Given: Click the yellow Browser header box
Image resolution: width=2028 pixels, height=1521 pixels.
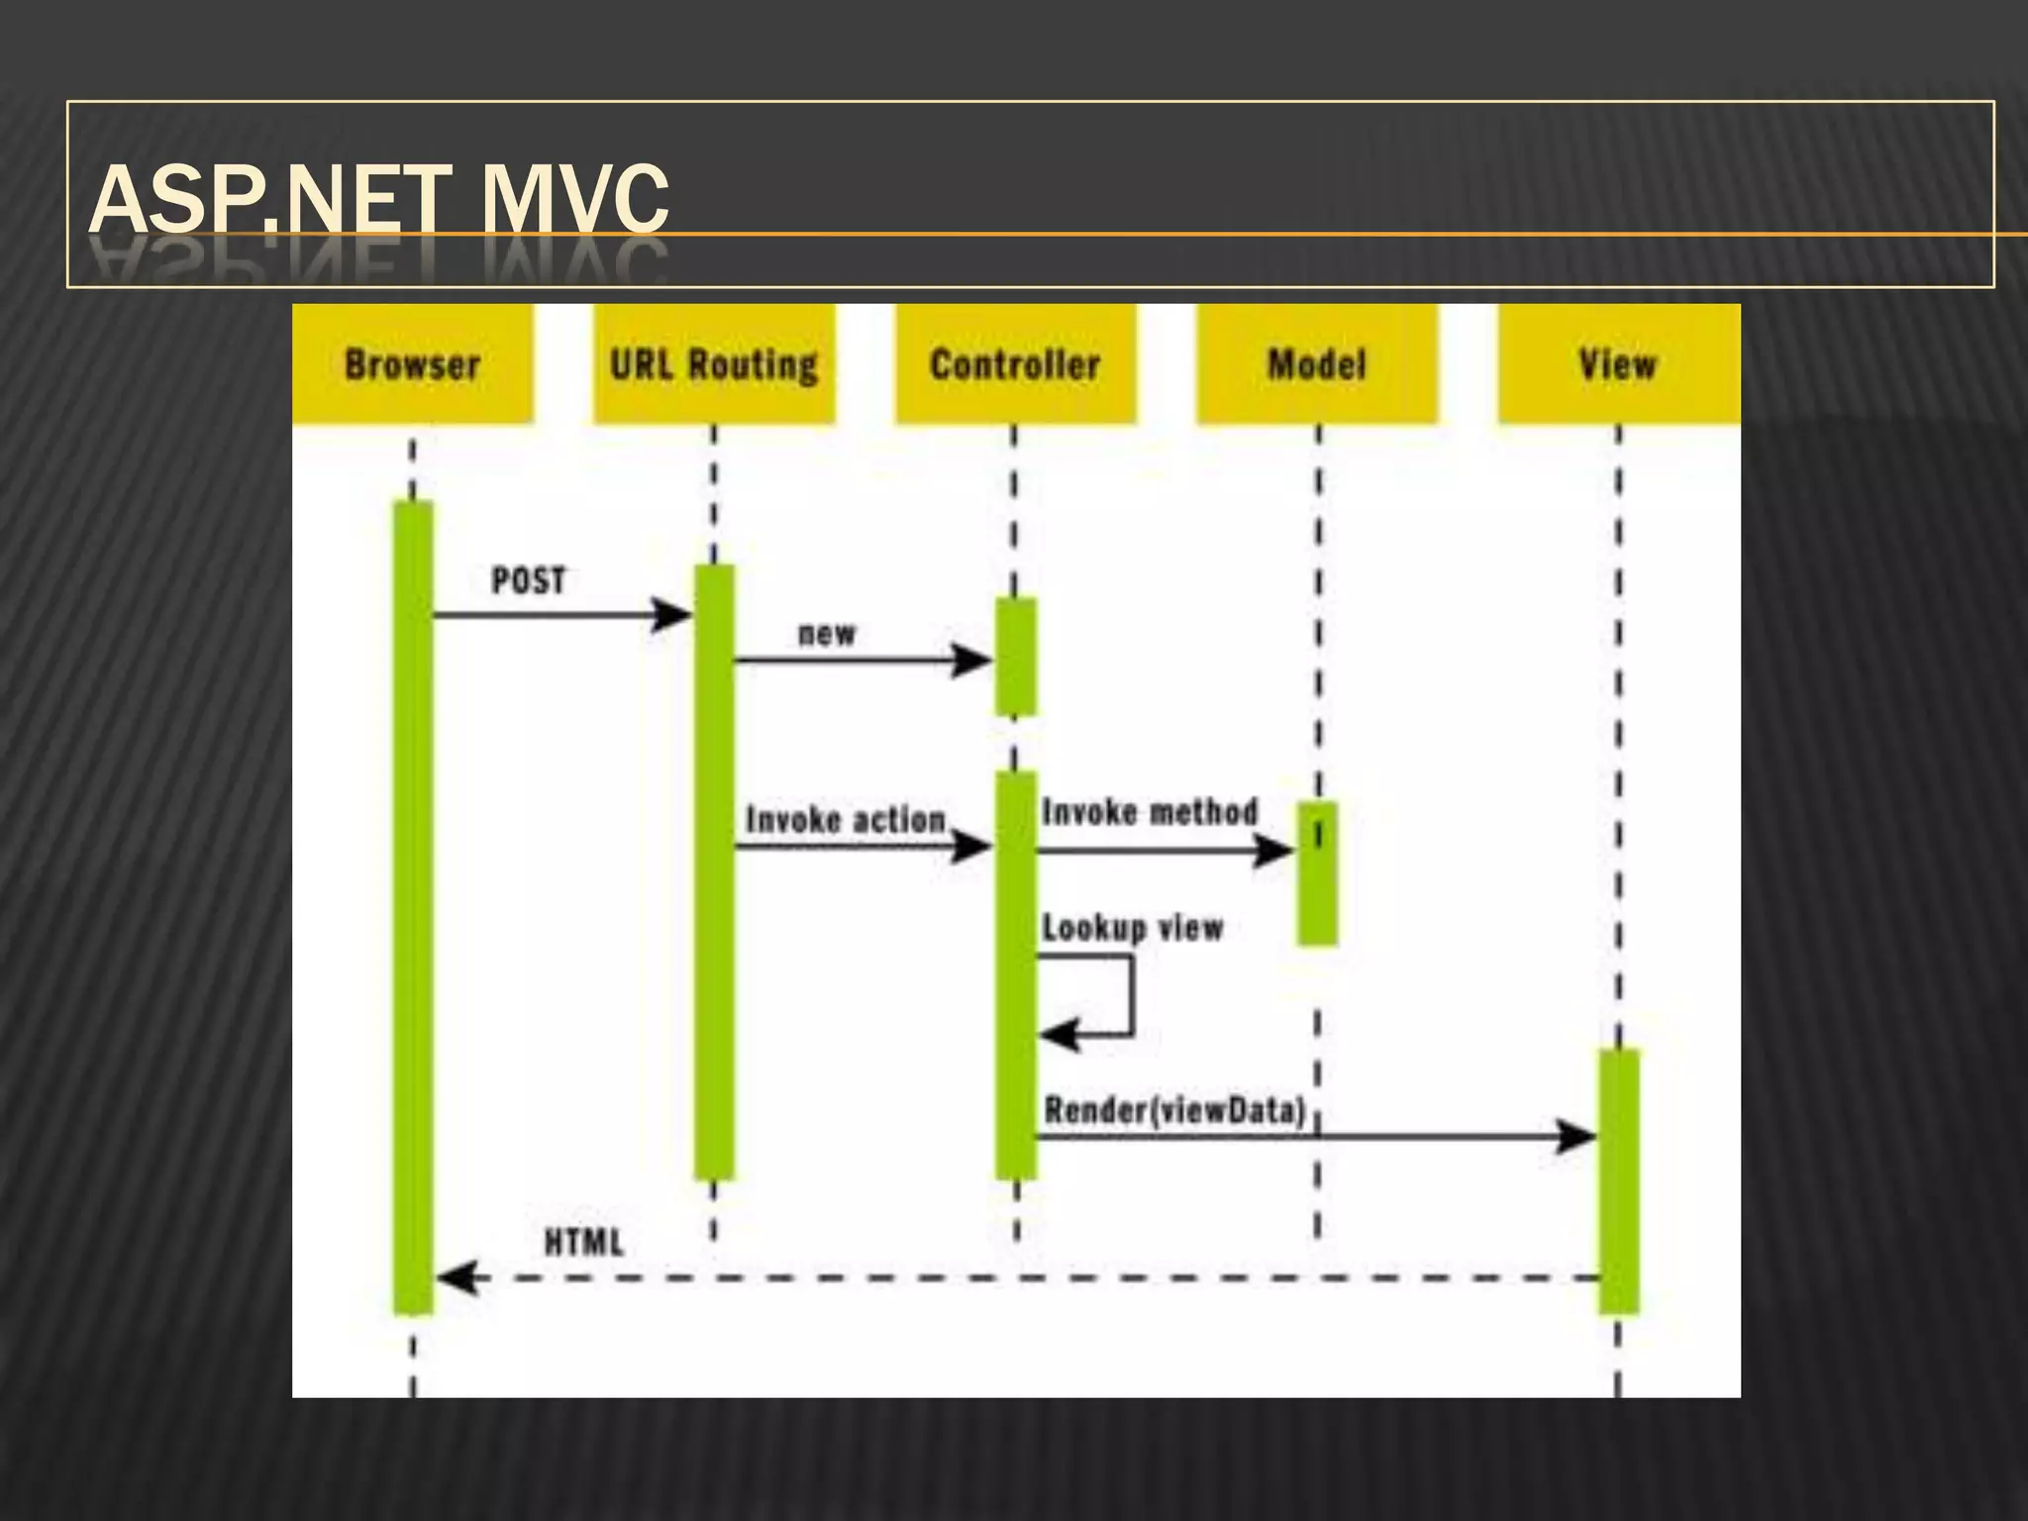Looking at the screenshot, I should coord(413,363).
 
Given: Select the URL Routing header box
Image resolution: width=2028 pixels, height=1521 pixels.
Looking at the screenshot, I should coord(714,363).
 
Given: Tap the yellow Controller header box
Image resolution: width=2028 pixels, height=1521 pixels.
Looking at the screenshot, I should coord(1016,363).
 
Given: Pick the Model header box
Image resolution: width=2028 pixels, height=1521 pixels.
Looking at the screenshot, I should coord(1317,363).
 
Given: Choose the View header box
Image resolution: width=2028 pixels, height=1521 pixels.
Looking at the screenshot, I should coord(1618,363).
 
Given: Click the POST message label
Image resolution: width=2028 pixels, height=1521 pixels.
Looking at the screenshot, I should coord(529,580).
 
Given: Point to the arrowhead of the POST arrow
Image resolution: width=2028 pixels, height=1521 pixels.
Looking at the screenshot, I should coord(673,615).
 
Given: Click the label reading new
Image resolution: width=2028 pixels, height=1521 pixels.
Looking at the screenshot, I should coord(827,633).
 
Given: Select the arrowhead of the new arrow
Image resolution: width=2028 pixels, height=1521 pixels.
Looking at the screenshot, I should coord(973,659).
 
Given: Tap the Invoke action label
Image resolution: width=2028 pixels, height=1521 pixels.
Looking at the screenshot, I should coord(846,820).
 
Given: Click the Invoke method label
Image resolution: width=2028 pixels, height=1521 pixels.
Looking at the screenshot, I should coord(1150,812).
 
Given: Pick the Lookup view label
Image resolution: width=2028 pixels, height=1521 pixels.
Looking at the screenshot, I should coord(1133,928).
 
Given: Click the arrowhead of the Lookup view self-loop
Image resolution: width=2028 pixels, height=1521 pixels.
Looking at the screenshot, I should coord(1057,1035).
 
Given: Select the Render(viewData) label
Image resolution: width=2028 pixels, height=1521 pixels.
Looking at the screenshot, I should coord(1175,1110).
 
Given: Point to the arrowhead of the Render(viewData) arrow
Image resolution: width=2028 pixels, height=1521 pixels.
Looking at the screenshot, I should coord(1577,1136).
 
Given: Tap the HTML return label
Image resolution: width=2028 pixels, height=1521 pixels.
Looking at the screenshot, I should coord(584,1242).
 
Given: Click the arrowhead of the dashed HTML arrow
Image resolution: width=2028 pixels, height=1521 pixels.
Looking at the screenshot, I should coord(456,1277).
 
